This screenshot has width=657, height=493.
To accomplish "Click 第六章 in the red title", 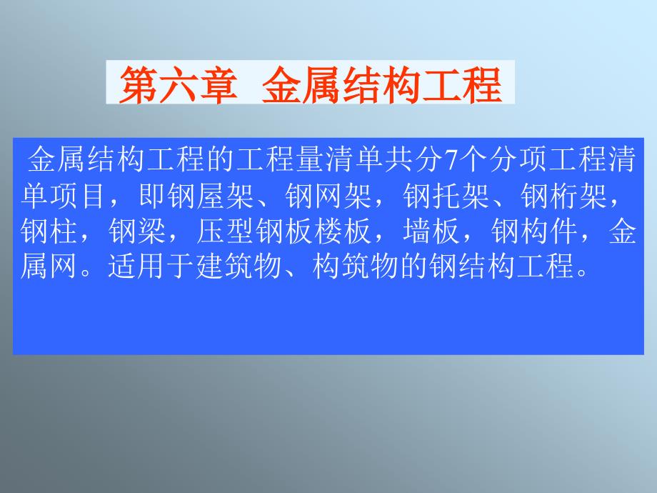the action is click(179, 85).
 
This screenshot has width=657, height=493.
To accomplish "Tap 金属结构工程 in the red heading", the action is click(382, 85).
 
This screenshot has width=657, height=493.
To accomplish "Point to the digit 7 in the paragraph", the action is click(451, 160).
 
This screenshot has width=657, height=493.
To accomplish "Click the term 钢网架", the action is click(328, 196).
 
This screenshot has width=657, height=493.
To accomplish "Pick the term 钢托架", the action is click(446, 196).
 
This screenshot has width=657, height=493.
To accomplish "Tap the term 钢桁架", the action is click(564, 196).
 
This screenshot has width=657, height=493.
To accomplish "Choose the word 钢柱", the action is click(49, 231).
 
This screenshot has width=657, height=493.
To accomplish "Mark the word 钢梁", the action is click(137, 231).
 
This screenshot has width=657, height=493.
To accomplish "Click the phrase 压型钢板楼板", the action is click(284, 231).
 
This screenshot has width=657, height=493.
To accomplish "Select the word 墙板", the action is click(431, 231).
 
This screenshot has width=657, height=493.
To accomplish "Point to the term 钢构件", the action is click(535, 231).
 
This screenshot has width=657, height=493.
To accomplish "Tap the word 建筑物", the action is click(239, 266).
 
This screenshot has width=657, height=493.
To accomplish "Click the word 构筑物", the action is click(356, 266).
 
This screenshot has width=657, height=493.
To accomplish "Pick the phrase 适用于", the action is click(151, 266).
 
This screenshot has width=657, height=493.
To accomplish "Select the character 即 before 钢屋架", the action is click(152, 196).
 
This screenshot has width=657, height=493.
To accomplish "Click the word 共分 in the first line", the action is click(414, 160).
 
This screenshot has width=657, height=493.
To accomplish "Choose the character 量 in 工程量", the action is click(311, 160).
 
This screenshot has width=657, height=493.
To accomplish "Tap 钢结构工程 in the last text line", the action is click(502, 266).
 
